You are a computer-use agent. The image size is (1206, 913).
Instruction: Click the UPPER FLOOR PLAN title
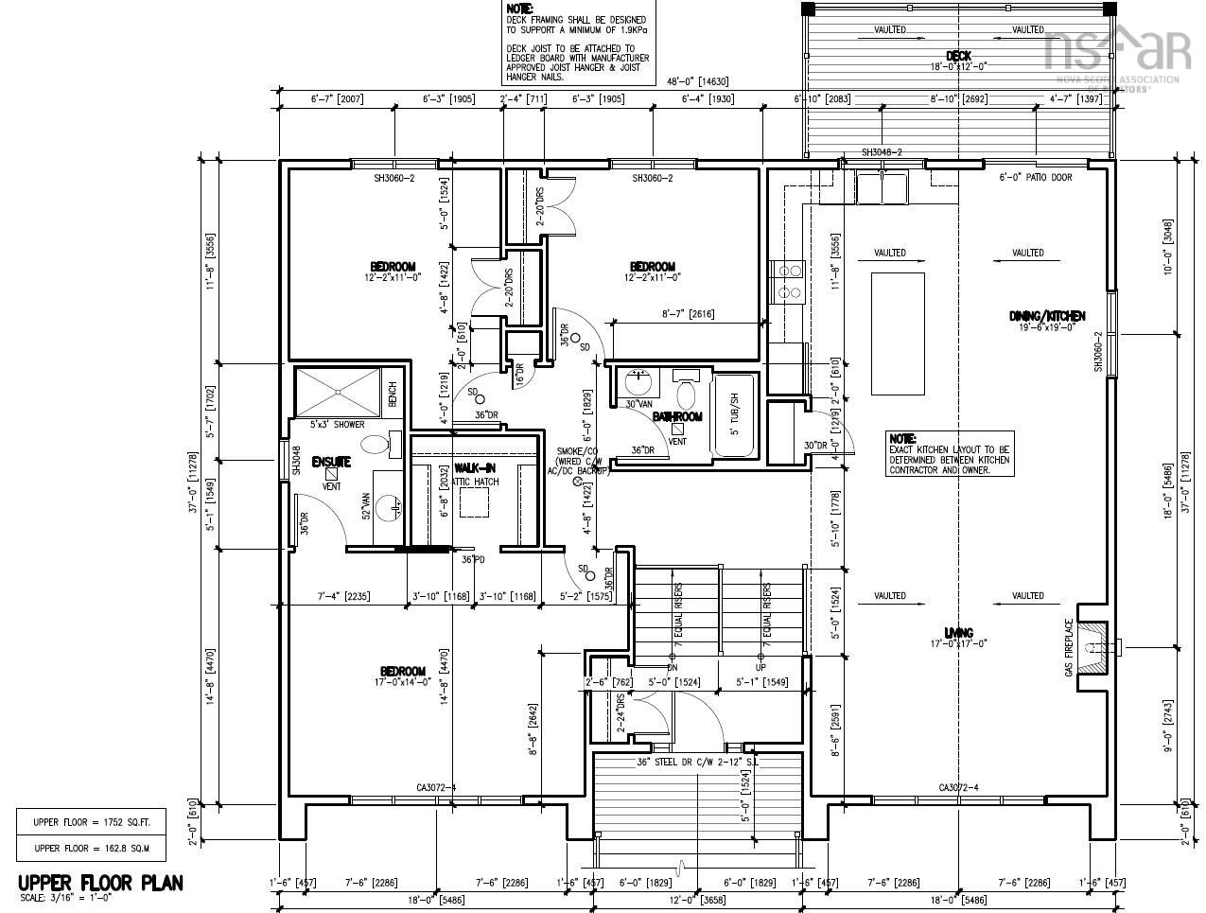coord(100,883)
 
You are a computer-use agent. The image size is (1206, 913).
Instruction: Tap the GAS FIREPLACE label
coord(1070,647)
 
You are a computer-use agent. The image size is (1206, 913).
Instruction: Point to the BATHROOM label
coord(677,416)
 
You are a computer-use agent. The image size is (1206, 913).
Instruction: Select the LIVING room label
coord(958,633)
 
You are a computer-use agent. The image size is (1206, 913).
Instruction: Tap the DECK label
coord(958,56)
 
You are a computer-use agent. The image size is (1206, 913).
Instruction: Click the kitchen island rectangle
coord(898,333)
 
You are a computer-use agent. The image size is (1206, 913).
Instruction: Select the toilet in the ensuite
coord(380,443)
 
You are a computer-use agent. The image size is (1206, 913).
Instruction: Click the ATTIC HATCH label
coord(475,482)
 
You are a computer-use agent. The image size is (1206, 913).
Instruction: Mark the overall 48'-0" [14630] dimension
coord(696,82)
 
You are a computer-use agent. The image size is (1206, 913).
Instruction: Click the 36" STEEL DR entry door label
coord(697,762)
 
